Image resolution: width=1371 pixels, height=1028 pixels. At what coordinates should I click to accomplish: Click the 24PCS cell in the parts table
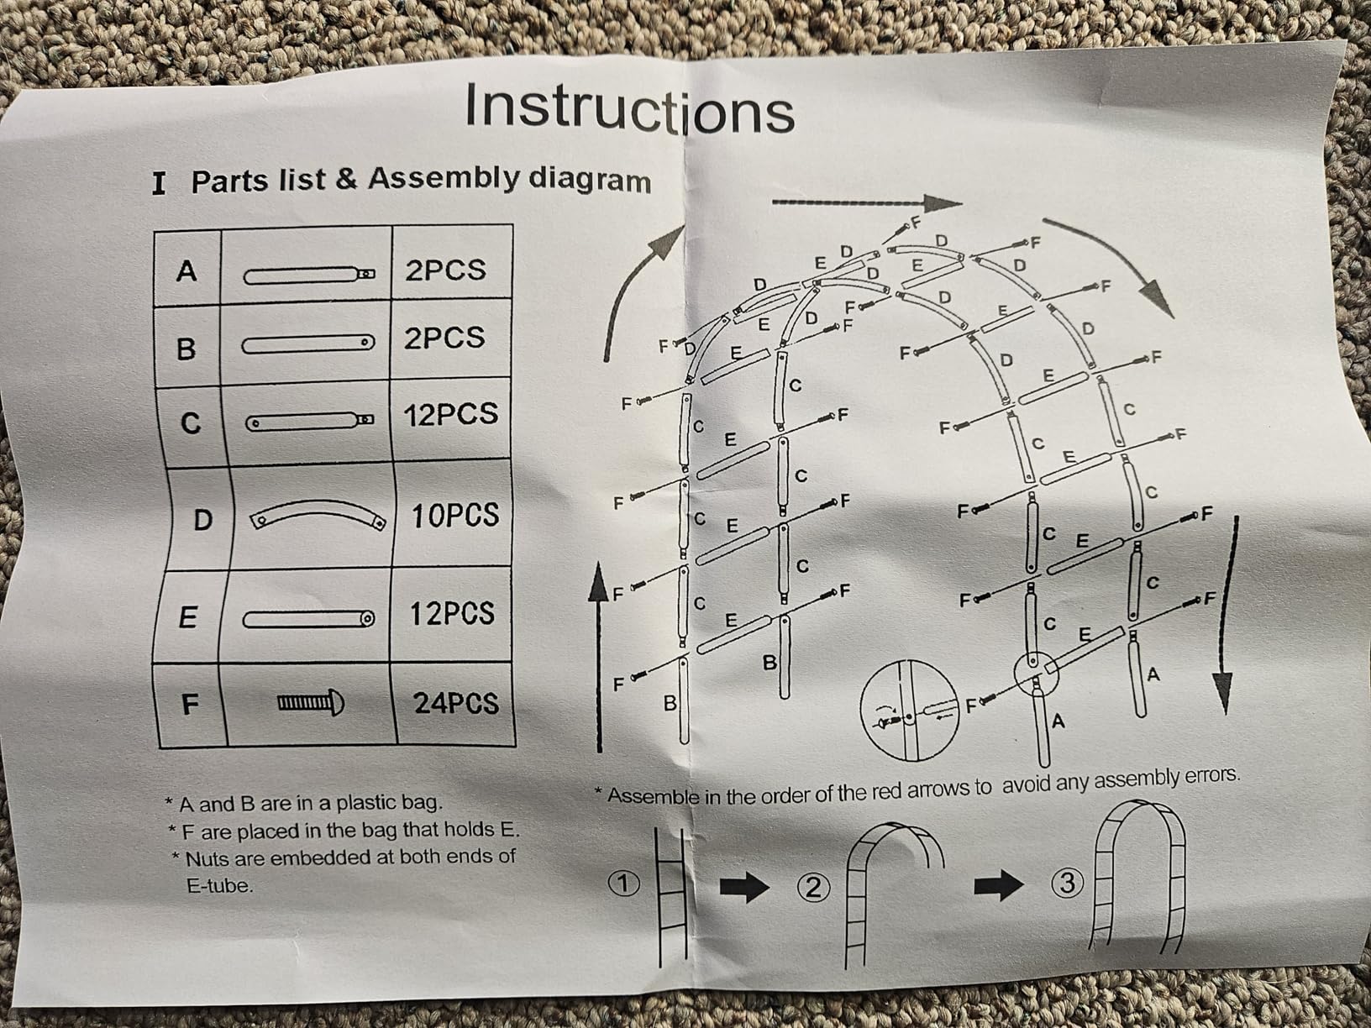click(x=456, y=704)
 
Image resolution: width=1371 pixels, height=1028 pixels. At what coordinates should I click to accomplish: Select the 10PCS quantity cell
click(x=455, y=515)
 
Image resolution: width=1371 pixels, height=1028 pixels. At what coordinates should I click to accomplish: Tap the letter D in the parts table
click(x=203, y=519)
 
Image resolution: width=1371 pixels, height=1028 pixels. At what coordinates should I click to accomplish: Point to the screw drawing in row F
click(x=311, y=703)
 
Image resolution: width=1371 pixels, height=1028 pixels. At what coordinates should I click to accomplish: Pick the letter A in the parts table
click(x=186, y=271)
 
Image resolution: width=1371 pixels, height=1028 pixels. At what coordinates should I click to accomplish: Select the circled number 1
click(x=622, y=884)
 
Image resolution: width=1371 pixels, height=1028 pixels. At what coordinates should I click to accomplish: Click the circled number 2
click(x=812, y=887)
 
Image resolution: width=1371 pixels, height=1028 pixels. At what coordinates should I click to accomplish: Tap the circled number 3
click(x=1067, y=883)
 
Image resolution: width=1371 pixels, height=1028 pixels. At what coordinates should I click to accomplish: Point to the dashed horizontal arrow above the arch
click(x=867, y=203)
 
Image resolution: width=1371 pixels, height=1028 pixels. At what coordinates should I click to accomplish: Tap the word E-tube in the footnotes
click(x=220, y=886)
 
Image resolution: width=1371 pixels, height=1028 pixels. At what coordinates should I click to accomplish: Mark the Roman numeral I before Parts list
click(x=160, y=184)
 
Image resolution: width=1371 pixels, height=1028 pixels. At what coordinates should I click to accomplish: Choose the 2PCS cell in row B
click(x=444, y=338)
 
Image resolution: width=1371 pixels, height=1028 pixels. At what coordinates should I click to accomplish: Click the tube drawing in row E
click(x=308, y=619)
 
